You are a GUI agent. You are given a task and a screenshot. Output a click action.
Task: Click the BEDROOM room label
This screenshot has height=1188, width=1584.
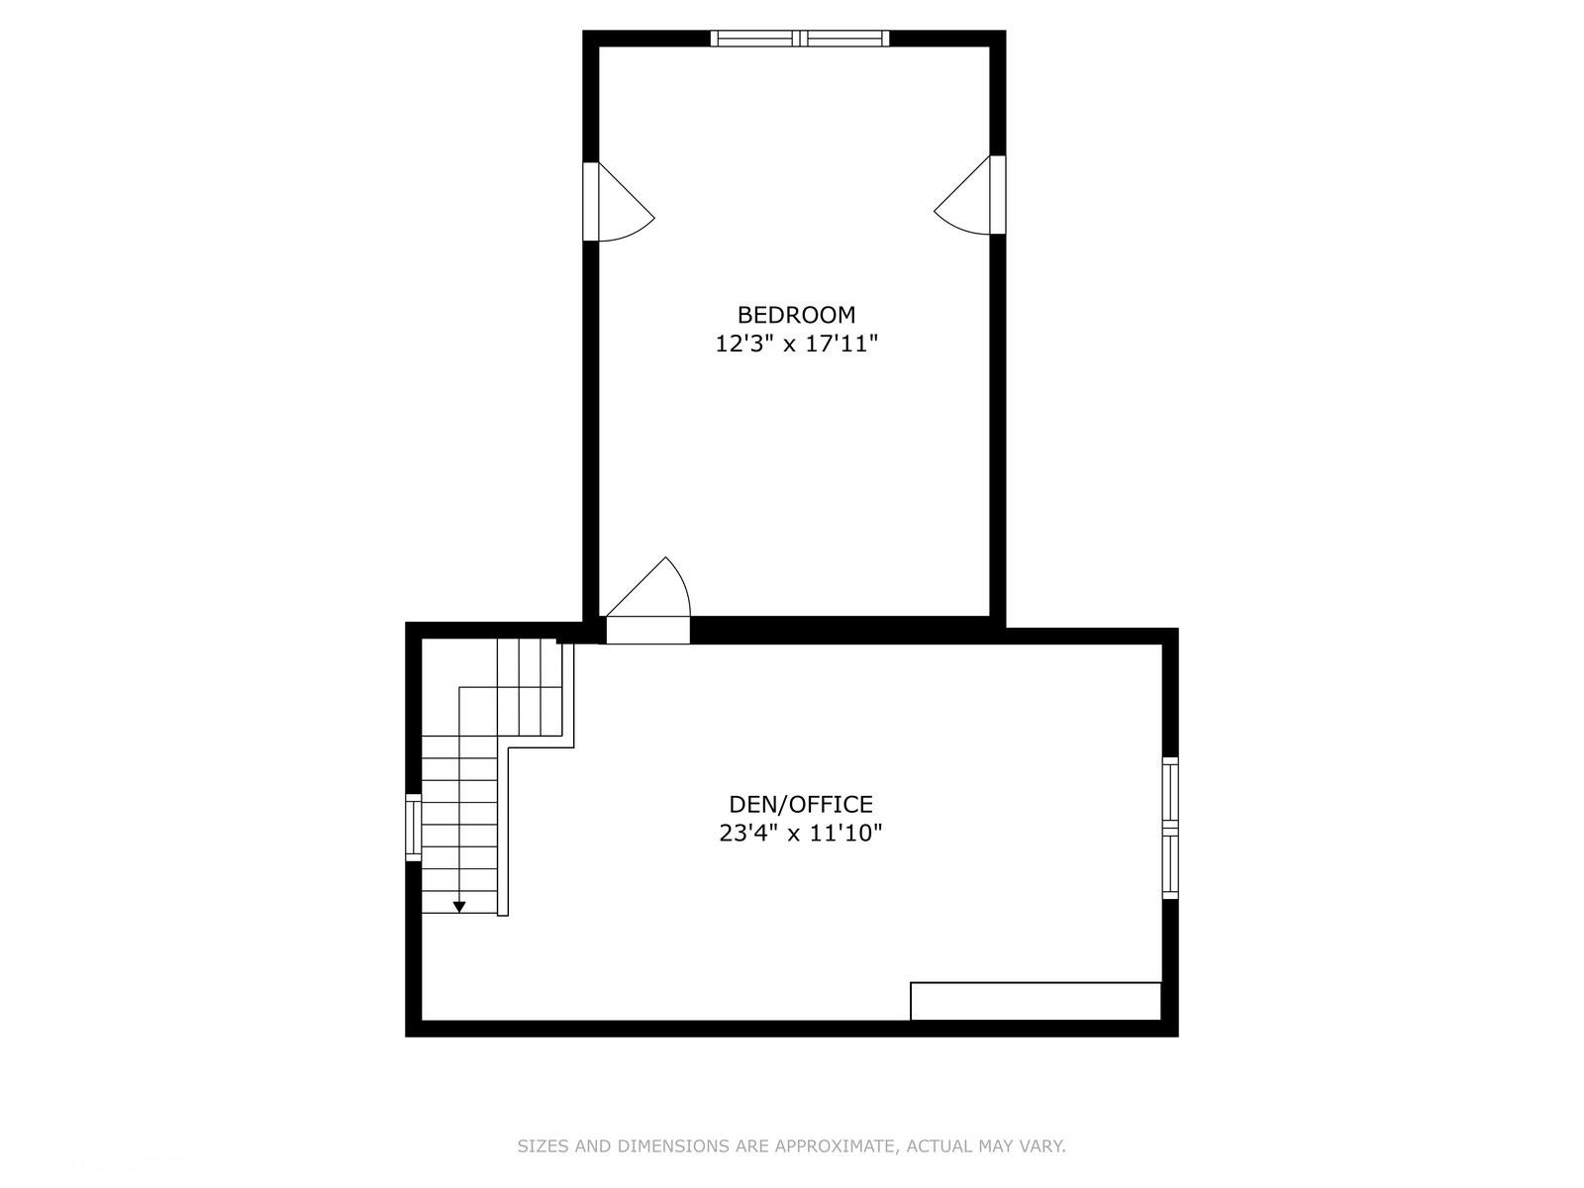click(x=796, y=315)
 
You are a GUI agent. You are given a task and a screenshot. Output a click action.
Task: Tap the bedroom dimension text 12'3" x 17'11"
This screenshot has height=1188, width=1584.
click(x=797, y=345)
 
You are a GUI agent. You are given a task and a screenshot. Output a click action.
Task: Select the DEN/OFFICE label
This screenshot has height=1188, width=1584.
click(x=801, y=804)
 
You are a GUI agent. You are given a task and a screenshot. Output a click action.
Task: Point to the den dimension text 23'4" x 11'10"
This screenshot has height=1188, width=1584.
click(x=800, y=834)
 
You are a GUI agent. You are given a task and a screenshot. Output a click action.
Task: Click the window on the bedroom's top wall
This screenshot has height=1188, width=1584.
click(x=800, y=39)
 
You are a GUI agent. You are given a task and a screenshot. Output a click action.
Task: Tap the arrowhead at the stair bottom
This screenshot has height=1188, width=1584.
click(x=459, y=907)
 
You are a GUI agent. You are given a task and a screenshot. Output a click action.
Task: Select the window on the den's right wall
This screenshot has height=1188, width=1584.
click(x=1170, y=828)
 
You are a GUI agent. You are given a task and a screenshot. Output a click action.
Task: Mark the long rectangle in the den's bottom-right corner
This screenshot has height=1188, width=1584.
click(x=1035, y=1001)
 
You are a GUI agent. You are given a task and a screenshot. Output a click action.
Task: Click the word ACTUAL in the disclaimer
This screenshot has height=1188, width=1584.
click(x=935, y=1147)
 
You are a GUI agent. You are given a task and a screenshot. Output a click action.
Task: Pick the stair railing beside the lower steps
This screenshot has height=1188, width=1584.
click(x=503, y=832)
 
